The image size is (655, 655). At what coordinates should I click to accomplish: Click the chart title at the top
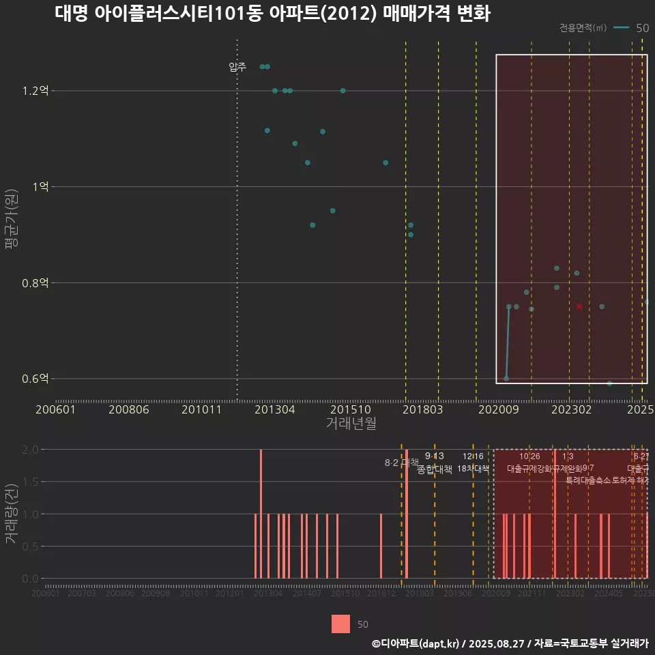point(272,14)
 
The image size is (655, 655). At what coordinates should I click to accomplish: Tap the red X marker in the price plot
point(579,306)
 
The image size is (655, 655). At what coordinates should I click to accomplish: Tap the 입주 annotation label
point(237,67)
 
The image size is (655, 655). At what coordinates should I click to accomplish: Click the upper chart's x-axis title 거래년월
point(351,423)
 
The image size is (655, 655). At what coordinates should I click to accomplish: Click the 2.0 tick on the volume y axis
point(31,450)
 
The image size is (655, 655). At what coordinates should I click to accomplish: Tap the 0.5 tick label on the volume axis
point(31,547)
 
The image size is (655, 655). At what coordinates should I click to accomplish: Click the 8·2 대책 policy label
point(401,463)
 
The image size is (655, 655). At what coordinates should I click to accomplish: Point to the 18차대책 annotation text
point(474,469)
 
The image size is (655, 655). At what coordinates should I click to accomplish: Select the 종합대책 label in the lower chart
point(435,469)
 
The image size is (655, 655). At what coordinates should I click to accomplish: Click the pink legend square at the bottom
point(340,624)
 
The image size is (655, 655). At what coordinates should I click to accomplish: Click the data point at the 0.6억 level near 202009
point(506,379)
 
